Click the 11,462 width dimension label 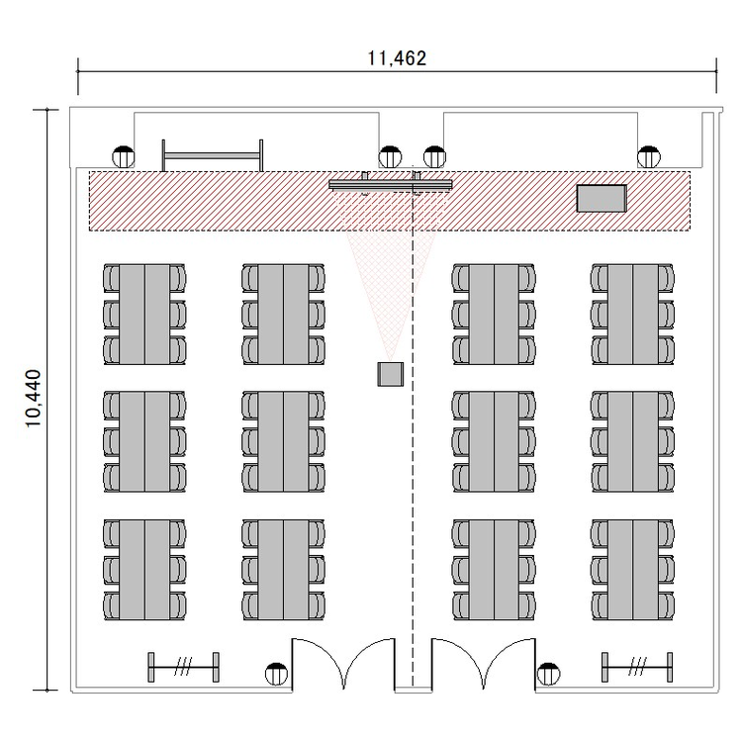point(397,58)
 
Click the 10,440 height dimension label point(34,399)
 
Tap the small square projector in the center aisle point(391,374)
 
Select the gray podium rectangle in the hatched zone point(602,198)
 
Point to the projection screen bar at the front point(391,185)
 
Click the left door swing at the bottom point(343,664)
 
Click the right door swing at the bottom point(483,664)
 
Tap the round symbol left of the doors point(276,674)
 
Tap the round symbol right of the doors point(548,674)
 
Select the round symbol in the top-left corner point(124,156)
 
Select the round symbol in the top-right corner point(649,156)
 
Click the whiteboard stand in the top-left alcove point(213,155)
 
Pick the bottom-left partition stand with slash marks point(184,667)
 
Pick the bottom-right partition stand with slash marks point(637,667)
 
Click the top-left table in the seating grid point(144,315)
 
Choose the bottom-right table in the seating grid point(633,570)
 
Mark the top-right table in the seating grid point(633,315)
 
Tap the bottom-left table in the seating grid point(144,570)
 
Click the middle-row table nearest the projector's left point(284,441)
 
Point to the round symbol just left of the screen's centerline point(391,156)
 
